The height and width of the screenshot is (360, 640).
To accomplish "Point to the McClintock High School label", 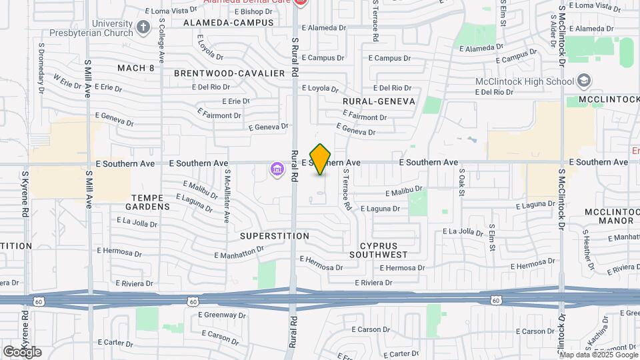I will point(525,81).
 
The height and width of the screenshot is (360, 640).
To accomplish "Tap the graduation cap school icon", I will point(584,81).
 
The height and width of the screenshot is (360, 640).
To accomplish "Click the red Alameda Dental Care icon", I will point(300,3).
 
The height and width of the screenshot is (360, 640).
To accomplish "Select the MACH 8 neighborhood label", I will point(136,68).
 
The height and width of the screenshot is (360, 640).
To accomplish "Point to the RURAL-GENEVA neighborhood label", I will point(379,101).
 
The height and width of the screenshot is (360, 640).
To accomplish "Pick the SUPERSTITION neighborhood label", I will point(275,236).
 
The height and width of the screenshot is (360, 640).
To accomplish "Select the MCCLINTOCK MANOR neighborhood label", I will point(609,216).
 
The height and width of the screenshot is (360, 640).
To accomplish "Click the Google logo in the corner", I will point(22,351).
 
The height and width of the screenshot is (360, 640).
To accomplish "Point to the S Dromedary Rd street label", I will point(41,73).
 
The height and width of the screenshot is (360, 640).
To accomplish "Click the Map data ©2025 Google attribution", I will point(598,355).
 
